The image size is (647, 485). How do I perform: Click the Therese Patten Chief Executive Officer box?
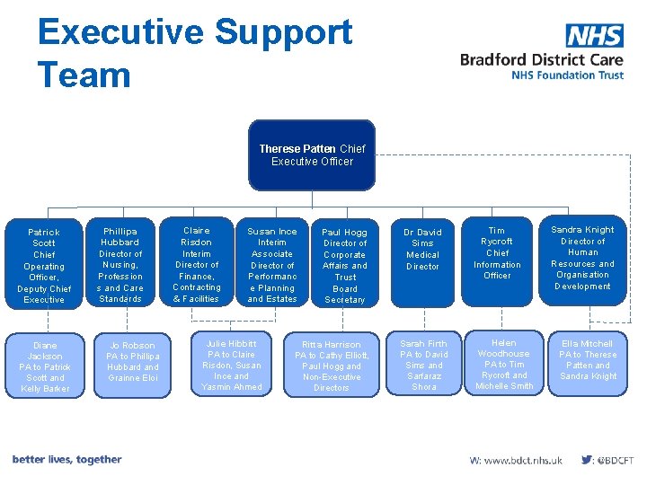(312, 155)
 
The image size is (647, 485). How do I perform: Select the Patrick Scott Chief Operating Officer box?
(44, 265)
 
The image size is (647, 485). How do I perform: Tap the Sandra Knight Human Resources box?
(582, 259)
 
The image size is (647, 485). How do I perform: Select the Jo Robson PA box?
(132, 362)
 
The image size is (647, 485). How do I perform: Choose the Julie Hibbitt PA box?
(232, 365)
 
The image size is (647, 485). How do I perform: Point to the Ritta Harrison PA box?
(331, 366)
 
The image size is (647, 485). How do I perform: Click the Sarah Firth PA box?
(423, 365)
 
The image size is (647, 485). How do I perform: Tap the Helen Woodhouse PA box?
(504, 365)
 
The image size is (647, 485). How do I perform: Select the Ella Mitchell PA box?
(588, 360)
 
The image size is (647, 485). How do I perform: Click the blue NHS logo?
(594, 35)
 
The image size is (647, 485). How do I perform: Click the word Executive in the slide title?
(120, 32)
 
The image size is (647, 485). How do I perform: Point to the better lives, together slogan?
(66, 460)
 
